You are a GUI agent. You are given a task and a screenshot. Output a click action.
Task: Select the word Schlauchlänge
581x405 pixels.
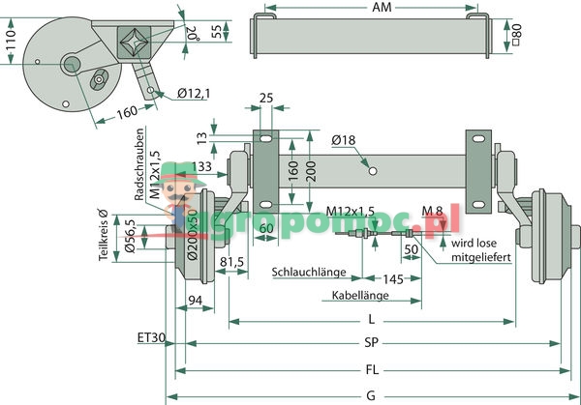click(x=311, y=272)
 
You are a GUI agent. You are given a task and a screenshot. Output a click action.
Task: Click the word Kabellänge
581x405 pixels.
click(x=359, y=295)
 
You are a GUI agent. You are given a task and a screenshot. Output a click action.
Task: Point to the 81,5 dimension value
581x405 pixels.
click(x=231, y=261)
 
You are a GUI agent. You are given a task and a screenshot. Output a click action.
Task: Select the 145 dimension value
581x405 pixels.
click(x=393, y=279)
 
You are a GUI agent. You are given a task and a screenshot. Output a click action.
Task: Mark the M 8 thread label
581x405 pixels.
click(x=434, y=211)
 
